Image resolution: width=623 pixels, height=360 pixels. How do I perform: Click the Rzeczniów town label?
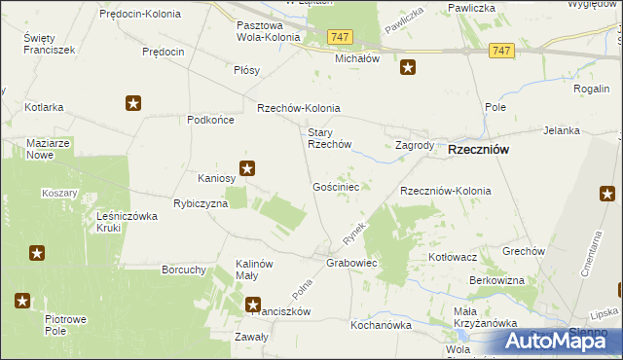pos(480,151)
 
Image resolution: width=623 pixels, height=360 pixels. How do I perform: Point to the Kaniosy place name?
pos(217,178)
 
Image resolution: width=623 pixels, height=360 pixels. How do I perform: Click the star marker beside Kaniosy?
pos(248,168)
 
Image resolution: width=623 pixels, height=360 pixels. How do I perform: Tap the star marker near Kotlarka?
pos(133,103)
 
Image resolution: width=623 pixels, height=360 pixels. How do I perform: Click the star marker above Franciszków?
pos(253,303)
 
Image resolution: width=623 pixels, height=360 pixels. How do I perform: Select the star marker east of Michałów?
pos(409,67)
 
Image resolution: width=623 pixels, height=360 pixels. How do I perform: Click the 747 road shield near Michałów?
pos(340,36)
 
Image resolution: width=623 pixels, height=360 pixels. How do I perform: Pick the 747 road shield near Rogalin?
pos(502,51)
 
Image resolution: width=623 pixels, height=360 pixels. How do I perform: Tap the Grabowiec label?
pos(351,264)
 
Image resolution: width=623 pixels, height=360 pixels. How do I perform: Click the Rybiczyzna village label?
pos(201,204)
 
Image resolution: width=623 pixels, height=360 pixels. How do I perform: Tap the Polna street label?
pos(304,288)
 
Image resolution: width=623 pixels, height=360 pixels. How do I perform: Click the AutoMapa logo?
pos(564,341)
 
